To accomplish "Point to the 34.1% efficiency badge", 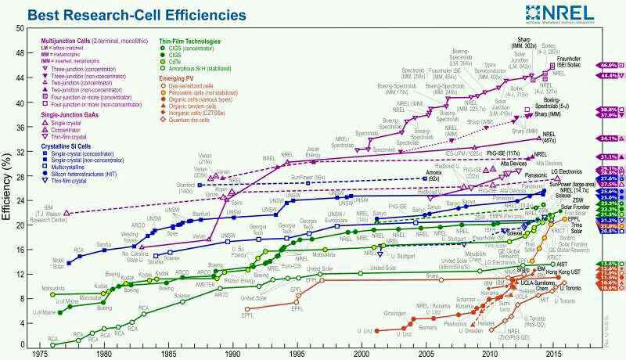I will tap(610, 138).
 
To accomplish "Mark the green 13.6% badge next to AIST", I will tap(610, 265).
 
